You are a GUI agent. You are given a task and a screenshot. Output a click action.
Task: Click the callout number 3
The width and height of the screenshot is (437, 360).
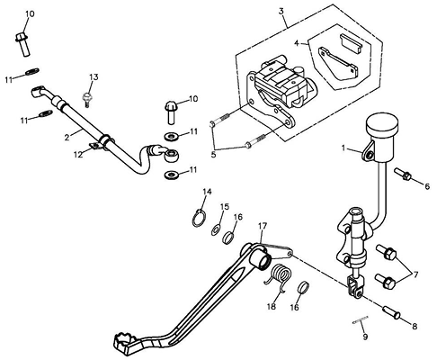tap(281, 12)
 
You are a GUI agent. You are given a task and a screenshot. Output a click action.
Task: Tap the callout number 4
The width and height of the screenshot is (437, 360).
tap(297, 43)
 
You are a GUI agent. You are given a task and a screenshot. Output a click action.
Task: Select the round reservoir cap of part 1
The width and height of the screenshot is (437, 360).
tap(383, 122)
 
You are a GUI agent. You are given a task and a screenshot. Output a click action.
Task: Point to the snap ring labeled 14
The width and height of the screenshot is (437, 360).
tap(199, 219)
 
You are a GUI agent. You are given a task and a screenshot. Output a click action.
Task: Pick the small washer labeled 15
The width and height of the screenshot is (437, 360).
tap(216, 229)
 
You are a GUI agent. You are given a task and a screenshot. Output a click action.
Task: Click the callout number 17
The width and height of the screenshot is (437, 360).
tap(263, 227)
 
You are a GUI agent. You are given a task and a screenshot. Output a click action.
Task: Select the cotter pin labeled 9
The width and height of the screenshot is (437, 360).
tap(361, 319)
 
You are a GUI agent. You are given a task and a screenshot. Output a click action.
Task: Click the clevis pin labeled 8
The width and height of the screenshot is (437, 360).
tap(391, 312)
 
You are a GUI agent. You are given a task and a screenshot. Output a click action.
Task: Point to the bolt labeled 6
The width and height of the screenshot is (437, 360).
tap(403, 174)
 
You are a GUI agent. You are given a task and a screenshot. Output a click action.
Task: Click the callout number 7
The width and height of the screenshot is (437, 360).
tap(415, 274)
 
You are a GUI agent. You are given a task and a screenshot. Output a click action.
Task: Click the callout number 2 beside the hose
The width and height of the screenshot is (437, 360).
tap(67, 137)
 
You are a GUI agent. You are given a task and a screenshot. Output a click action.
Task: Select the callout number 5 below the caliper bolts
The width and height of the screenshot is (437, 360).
tap(213, 155)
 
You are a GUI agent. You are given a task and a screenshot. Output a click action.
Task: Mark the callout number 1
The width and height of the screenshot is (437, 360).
tap(344, 148)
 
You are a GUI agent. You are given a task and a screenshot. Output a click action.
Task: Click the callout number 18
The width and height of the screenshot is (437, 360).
tap(272, 307)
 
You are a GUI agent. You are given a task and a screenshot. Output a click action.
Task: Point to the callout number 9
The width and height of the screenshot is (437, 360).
tap(365, 337)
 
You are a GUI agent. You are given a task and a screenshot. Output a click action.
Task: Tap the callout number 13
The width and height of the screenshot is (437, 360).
tap(94, 77)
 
